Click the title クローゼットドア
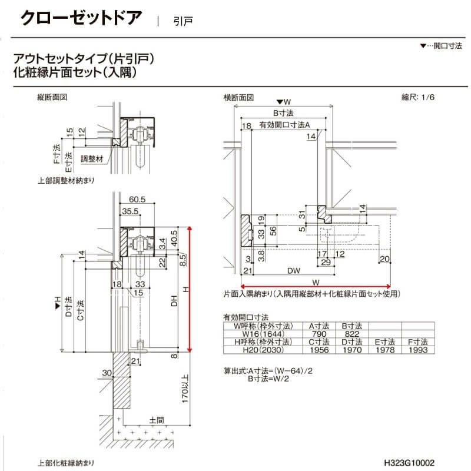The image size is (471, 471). [81, 18]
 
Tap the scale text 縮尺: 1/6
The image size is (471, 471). [419, 98]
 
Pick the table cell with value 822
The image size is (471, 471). [351, 333]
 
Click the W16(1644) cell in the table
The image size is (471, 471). [260, 333]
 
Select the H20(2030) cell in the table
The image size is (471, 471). [260, 350]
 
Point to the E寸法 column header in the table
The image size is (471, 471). [384, 341]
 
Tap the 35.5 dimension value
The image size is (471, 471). [130, 211]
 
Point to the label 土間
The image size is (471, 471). [157, 420]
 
